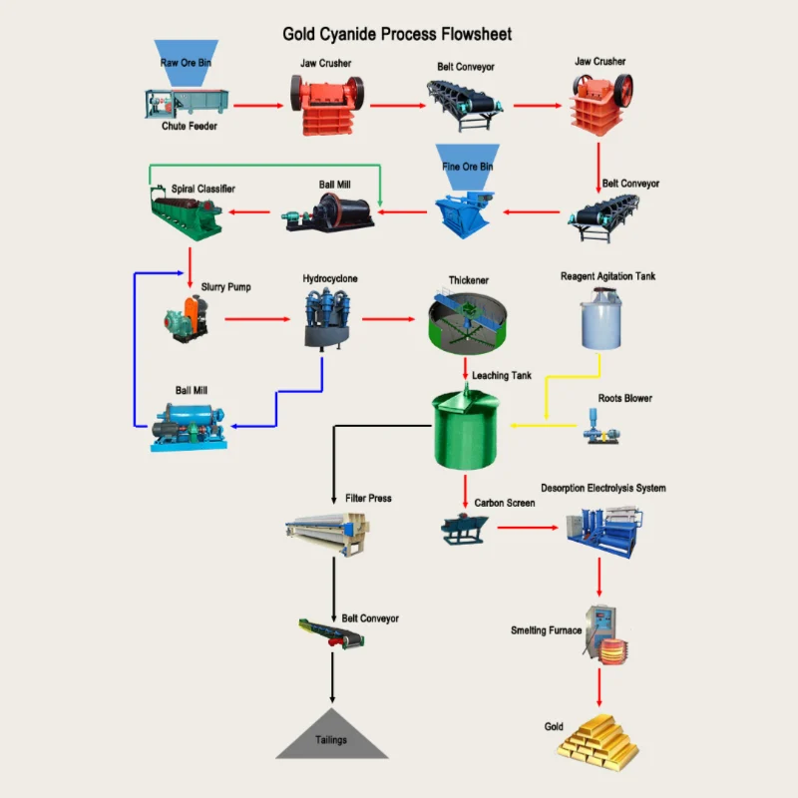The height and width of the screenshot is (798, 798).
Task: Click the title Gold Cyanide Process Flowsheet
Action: point(397,34)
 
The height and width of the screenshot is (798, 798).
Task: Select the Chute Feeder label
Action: point(190,127)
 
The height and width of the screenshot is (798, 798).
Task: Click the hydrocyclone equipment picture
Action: point(322,319)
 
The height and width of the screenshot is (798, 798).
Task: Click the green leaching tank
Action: point(466,429)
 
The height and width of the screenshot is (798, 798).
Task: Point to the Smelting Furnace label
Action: point(546,630)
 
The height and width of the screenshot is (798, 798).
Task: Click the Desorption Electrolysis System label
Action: point(602,489)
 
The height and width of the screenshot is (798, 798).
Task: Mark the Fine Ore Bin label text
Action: point(467,167)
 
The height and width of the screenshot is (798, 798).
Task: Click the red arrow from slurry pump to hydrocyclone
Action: point(256,319)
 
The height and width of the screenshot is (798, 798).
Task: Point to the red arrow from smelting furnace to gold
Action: point(599,691)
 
